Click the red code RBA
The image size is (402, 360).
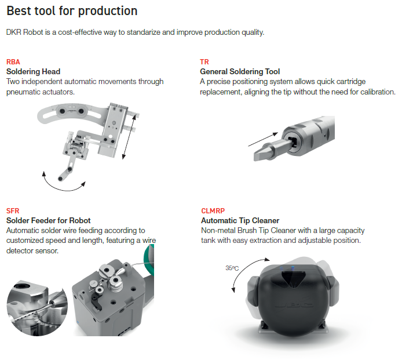[13, 62]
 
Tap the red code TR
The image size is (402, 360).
[204, 62]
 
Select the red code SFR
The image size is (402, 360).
[13, 211]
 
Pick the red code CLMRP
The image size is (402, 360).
[213, 211]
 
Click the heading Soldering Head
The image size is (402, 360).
[34, 71]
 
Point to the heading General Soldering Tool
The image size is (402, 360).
[240, 71]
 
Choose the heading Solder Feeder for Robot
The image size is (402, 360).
[49, 221]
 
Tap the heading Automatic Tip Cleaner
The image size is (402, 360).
[240, 221]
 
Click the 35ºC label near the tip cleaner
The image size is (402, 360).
[232, 268]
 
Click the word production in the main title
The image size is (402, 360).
[108, 11]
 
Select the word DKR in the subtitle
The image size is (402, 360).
[13, 32]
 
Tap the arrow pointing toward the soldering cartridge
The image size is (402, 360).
[263, 139]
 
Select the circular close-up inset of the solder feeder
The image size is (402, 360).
[37, 308]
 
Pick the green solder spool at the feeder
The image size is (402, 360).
[149, 260]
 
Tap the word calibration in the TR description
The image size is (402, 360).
[378, 92]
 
